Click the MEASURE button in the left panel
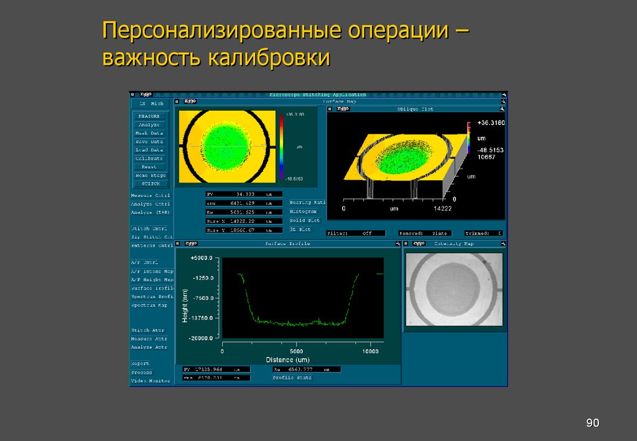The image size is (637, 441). [149, 116]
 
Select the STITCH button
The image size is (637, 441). [149, 183]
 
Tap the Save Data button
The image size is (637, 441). [149, 142]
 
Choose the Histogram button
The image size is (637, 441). [304, 211]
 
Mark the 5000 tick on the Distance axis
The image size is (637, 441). [296, 351]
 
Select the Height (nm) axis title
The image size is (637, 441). [185, 305]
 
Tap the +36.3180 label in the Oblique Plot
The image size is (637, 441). [491, 123]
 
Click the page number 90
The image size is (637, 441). [592, 424]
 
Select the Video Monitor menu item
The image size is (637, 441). [150, 381]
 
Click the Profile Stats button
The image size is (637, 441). [292, 378]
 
